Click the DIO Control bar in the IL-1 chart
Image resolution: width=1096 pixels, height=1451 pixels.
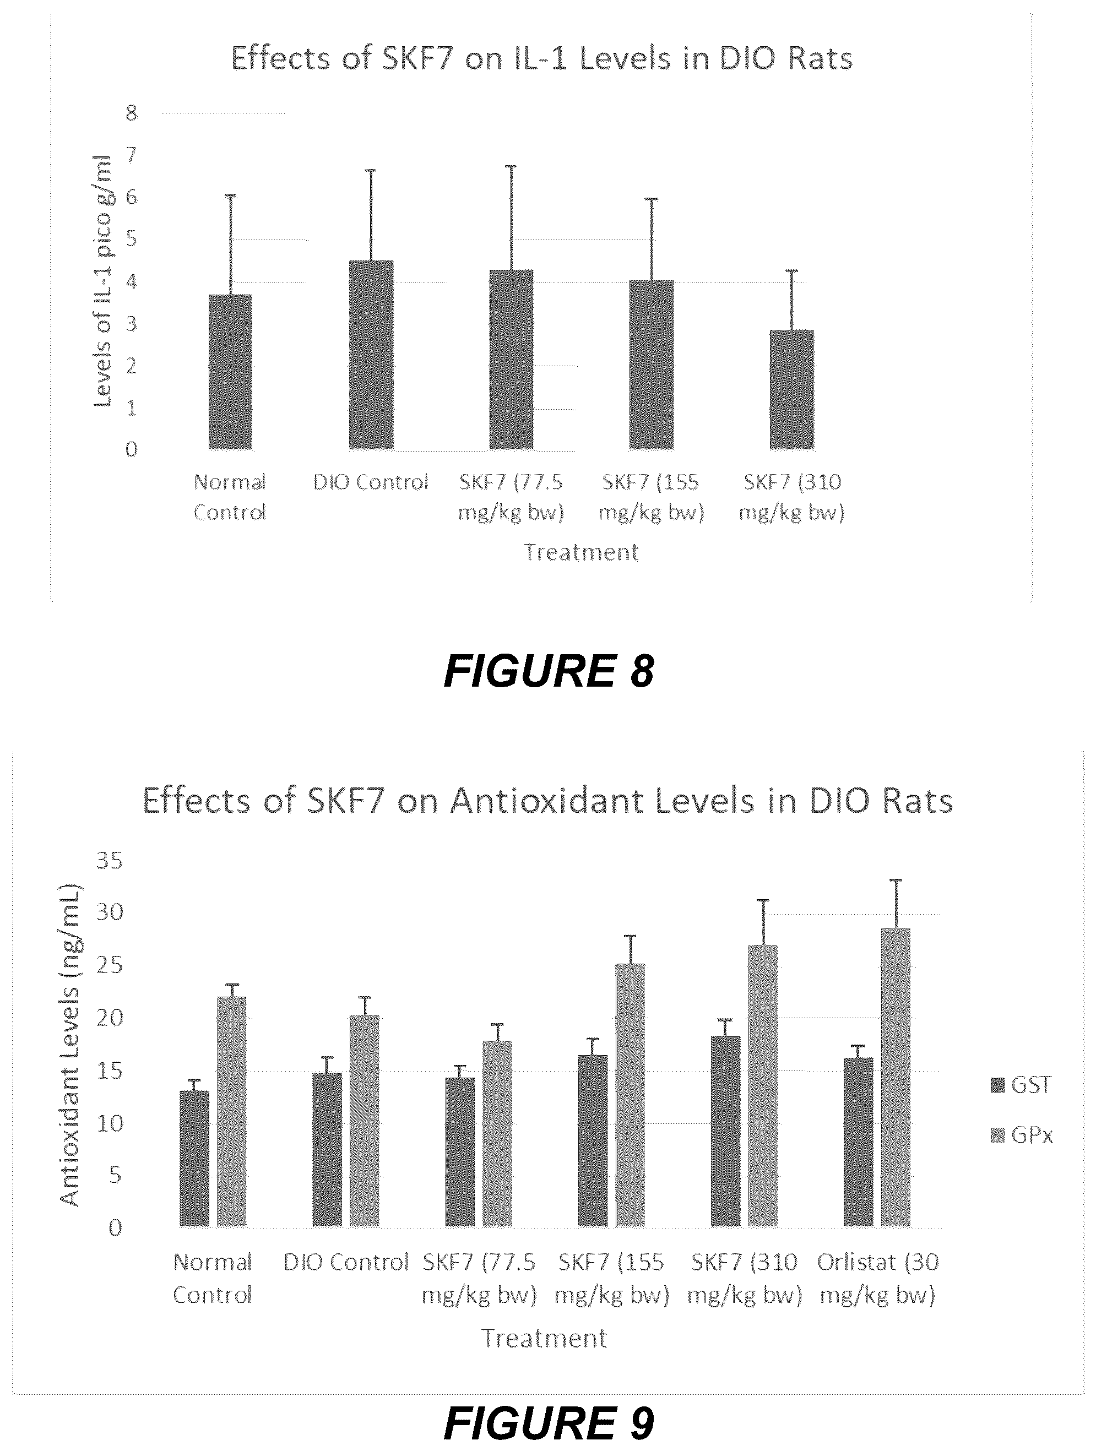tap(371, 355)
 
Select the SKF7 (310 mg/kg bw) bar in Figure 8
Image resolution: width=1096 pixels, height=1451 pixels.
tap(791, 390)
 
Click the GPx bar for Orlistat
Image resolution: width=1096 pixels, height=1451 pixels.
tap(896, 1077)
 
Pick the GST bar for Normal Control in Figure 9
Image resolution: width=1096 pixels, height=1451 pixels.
tap(194, 1159)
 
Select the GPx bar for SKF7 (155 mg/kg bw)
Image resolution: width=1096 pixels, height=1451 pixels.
tap(630, 1095)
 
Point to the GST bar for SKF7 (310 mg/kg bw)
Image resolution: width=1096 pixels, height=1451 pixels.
tap(725, 1131)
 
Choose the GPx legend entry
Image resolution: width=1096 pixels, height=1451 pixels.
tap(1021, 1135)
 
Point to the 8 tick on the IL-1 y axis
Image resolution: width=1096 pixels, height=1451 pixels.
tap(131, 113)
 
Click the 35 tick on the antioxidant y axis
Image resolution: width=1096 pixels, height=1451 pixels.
tap(110, 860)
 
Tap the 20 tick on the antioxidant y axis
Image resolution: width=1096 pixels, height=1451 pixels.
tap(110, 1018)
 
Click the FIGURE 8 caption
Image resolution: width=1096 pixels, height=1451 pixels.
tap(549, 671)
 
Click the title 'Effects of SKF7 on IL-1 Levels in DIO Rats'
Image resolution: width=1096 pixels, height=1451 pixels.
tap(542, 58)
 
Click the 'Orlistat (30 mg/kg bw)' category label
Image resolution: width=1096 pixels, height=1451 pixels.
tap(877, 1278)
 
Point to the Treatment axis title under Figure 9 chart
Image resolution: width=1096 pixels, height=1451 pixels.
tap(544, 1338)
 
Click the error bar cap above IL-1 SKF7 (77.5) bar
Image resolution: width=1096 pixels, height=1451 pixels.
tap(511, 167)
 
